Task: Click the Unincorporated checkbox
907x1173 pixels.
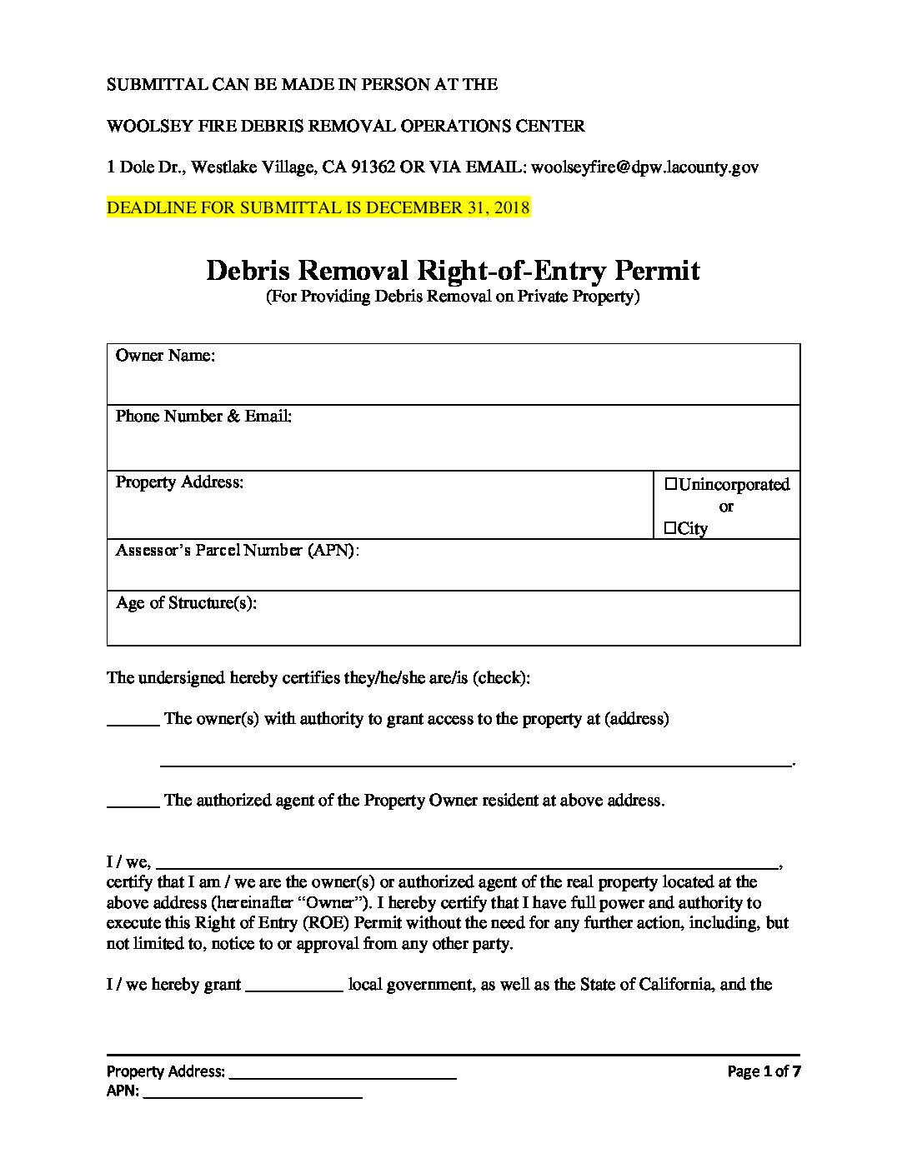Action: click(671, 484)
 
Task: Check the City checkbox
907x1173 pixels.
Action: click(670, 528)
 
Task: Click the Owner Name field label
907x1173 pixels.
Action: click(165, 356)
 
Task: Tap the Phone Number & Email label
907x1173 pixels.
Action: click(203, 416)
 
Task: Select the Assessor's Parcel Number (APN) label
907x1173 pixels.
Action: click(237, 551)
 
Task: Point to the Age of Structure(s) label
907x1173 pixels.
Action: click(186, 602)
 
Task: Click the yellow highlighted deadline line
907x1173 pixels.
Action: click(318, 207)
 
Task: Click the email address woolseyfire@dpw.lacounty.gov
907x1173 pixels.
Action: click(644, 167)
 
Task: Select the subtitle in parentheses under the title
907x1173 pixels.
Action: click(452, 297)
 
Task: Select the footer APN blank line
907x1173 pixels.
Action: click(253, 1096)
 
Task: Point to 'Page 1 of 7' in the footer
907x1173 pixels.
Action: click(764, 1071)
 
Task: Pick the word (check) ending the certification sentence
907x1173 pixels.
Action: click(501, 677)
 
